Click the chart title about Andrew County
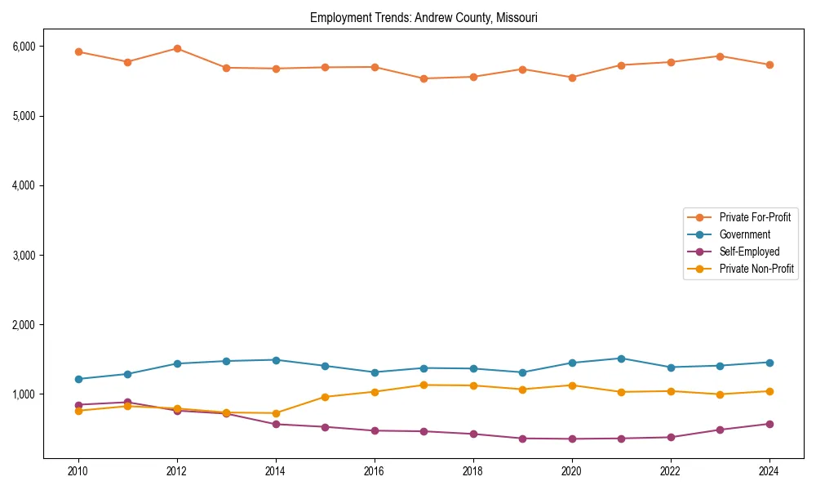[424, 17]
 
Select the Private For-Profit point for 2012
[177, 48]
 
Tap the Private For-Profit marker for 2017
[424, 78]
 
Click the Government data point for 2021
[621, 359]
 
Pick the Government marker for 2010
[78, 379]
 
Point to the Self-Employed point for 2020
[572, 439]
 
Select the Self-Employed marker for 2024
[769, 424]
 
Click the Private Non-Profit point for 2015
[325, 397]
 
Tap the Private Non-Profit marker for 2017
[424, 385]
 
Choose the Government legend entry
[744, 234]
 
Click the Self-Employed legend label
[749, 252]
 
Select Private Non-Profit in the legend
[756, 269]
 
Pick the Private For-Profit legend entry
[755, 217]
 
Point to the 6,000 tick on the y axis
[23, 47]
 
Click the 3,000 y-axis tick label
[23, 256]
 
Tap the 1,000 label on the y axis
[23, 394]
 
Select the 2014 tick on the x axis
[276, 471]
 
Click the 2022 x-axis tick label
[671, 471]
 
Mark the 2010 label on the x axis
[78, 471]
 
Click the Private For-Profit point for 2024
[769, 65]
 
